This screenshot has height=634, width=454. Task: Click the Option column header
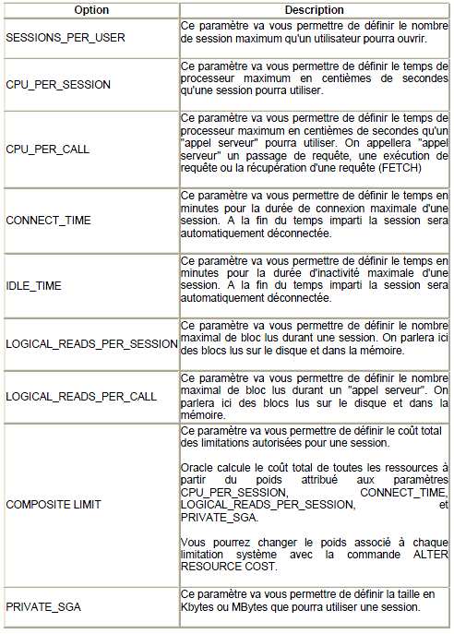(90, 9)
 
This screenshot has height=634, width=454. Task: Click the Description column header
(314, 9)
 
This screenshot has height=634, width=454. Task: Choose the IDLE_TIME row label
(33, 286)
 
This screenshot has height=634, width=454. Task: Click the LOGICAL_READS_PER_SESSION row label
(90, 343)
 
